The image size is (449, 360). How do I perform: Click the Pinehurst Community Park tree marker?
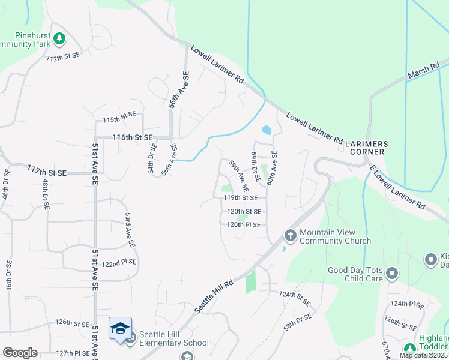(x=59, y=40)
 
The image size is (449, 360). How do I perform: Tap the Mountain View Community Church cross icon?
(x=290, y=235)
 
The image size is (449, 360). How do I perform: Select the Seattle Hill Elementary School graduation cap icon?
(x=120, y=328)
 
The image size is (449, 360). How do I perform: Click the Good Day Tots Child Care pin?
(x=393, y=274)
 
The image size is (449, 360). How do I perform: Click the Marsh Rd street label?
(x=424, y=70)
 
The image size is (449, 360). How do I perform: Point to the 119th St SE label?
(x=240, y=197)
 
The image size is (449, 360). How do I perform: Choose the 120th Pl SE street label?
(x=244, y=225)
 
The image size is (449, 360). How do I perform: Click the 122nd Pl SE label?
(x=119, y=262)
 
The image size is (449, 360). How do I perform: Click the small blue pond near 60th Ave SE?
(x=266, y=130)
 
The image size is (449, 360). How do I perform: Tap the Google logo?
(x=20, y=353)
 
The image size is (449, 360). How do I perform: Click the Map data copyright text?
(x=424, y=356)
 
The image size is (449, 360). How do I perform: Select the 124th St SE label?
(x=294, y=298)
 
